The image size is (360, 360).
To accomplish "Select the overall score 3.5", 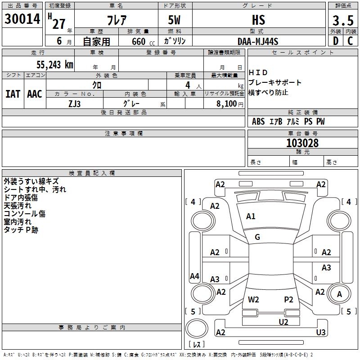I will (343, 21).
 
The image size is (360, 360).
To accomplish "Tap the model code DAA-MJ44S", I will (258, 41).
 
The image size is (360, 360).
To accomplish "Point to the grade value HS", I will (258, 20).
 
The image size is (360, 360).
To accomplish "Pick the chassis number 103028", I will (302, 143).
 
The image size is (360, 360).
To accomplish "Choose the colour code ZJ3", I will (75, 103).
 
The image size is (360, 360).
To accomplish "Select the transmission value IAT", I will (13, 94).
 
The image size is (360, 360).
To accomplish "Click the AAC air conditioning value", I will (35, 94).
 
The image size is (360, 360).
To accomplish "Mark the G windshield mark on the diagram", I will (257, 237).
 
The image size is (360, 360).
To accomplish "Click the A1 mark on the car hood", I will (251, 216).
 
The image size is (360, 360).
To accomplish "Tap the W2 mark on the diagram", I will (253, 299).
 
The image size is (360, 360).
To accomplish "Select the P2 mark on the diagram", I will (288, 299).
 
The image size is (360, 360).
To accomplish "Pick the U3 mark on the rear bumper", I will (321, 332).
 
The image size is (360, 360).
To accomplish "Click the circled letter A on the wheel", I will (339, 294).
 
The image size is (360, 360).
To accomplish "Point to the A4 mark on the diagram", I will (194, 276).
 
